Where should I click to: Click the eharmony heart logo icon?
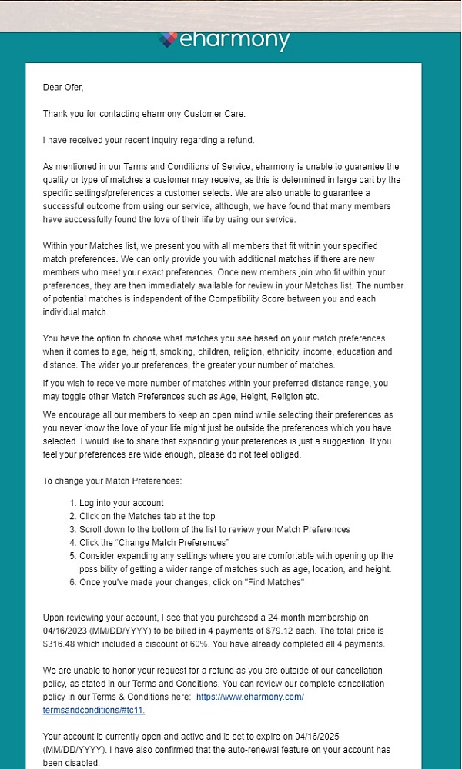coord(168,39)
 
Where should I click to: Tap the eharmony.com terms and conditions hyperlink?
coord(250,697)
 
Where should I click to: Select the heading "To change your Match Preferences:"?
coord(112,481)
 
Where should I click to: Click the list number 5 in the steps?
coord(72,555)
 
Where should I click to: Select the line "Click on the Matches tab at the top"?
coord(147,516)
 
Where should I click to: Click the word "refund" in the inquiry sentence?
coord(239,140)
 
